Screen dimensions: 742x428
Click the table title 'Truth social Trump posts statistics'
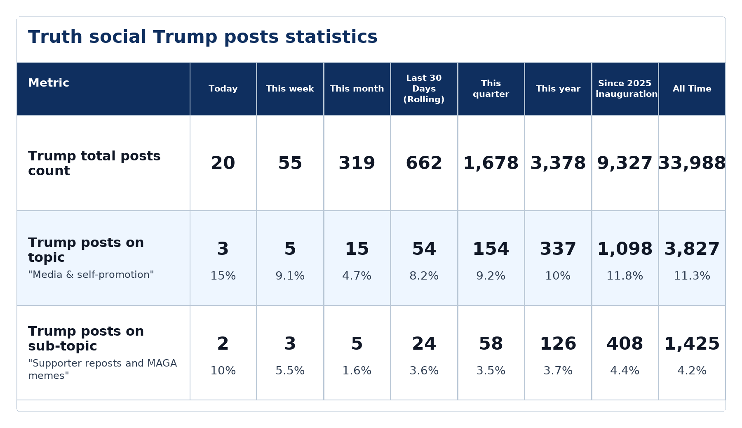point(203,37)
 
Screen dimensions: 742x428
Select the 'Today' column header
point(223,89)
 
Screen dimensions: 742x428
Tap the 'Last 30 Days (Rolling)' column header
point(424,89)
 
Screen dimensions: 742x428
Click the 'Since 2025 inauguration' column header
point(625,89)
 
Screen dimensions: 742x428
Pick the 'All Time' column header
point(692,89)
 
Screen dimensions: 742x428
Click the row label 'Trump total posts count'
point(94,163)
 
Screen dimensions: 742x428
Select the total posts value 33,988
point(692,163)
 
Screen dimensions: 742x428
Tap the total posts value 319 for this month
point(357,163)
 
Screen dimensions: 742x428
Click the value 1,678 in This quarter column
point(491,163)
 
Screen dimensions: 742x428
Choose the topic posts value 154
point(491,249)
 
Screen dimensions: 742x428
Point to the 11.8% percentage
point(625,276)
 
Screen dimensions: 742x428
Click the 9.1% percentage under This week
point(290,276)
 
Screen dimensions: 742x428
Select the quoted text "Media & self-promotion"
point(91,275)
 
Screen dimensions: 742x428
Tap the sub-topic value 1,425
point(692,344)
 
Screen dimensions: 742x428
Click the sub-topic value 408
point(625,344)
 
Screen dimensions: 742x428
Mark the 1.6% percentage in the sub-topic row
point(357,371)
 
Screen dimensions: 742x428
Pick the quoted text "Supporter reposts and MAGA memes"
point(103,369)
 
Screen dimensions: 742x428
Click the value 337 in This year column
point(558,249)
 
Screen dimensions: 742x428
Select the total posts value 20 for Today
point(223,163)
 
